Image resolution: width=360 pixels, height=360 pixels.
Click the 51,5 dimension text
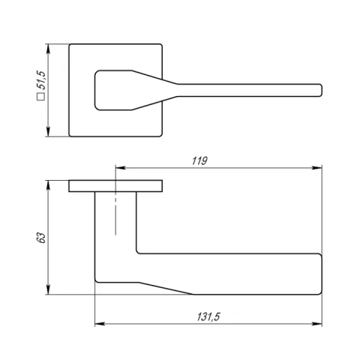tap(41, 80)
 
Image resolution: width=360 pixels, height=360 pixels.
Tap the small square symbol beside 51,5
tap(40, 97)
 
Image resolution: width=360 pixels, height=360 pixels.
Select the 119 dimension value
tap(199, 161)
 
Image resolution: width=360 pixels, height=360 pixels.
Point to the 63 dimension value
tap(41, 238)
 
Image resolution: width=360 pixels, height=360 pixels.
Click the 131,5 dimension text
tap(208, 316)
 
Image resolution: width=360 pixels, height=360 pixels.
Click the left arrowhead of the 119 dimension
tap(120, 167)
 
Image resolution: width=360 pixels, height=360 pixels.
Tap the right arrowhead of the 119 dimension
tap(317, 167)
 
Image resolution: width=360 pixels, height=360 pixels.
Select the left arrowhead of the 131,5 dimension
tap(100, 324)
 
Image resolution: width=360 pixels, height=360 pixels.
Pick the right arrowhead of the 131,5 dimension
tap(317, 324)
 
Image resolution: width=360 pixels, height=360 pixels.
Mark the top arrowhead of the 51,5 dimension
tap(48, 49)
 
